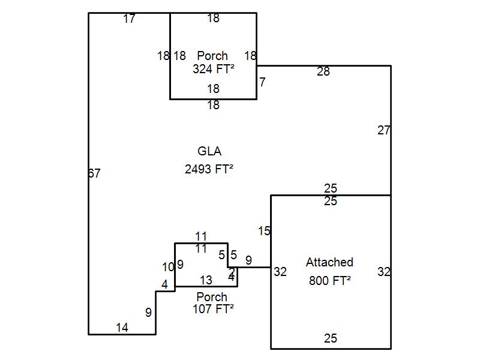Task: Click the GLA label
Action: click(x=209, y=151)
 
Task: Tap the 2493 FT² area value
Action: click(x=209, y=169)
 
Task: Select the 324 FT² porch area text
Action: click(x=213, y=69)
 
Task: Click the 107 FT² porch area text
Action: click(x=213, y=309)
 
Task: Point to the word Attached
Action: click(x=329, y=262)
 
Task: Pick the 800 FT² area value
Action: click(x=329, y=280)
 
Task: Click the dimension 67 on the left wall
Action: click(x=94, y=173)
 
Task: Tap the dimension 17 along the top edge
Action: click(x=129, y=19)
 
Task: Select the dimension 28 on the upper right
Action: click(x=323, y=72)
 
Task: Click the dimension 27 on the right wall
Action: click(x=384, y=130)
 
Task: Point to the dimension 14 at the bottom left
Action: click(x=122, y=328)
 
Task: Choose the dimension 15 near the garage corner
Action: click(x=265, y=231)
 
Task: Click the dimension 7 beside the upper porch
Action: click(x=262, y=82)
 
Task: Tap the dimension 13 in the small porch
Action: click(x=206, y=280)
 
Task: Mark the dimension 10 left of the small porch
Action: click(x=168, y=267)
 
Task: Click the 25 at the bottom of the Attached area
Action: click(x=331, y=338)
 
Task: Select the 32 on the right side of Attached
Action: click(x=384, y=272)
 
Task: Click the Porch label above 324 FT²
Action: click(x=212, y=56)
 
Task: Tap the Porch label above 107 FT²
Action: click(x=212, y=297)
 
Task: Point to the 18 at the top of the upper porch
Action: click(x=213, y=19)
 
